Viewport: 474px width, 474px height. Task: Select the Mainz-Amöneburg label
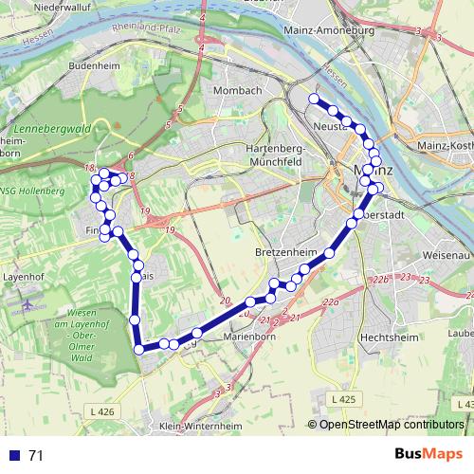[329, 30]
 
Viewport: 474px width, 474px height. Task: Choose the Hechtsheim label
[389, 337]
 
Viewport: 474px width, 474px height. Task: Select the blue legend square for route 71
[14, 455]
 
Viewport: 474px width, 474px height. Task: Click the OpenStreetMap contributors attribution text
[391, 425]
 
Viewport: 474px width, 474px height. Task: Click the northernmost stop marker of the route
[314, 99]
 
